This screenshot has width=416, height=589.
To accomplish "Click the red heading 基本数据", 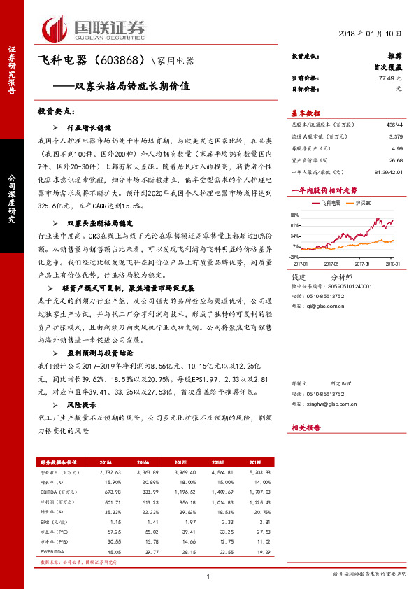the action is pyautogui.click(x=306, y=113).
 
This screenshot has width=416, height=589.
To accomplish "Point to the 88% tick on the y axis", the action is pyautogui.click(x=296, y=212).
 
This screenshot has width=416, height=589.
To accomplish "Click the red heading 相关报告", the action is pyautogui.click(x=306, y=426).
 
